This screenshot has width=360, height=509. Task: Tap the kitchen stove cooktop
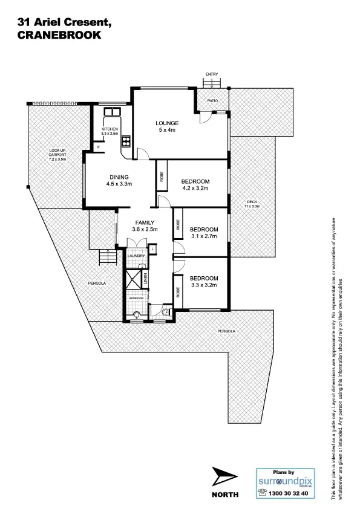(x=126, y=143)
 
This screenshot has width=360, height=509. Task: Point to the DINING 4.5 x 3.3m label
(x=119, y=180)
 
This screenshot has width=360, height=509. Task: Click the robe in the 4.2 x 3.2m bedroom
(x=162, y=177)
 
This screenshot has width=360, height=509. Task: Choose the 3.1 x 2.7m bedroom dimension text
(x=203, y=236)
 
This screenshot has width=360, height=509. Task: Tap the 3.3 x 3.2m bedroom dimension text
(x=203, y=285)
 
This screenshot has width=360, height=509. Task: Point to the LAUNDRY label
(x=136, y=256)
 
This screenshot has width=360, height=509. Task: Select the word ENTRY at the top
(x=211, y=74)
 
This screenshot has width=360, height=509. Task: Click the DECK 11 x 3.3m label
(x=252, y=204)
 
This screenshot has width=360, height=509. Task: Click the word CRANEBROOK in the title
(x=61, y=35)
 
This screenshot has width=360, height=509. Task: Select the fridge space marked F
(x=98, y=147)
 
